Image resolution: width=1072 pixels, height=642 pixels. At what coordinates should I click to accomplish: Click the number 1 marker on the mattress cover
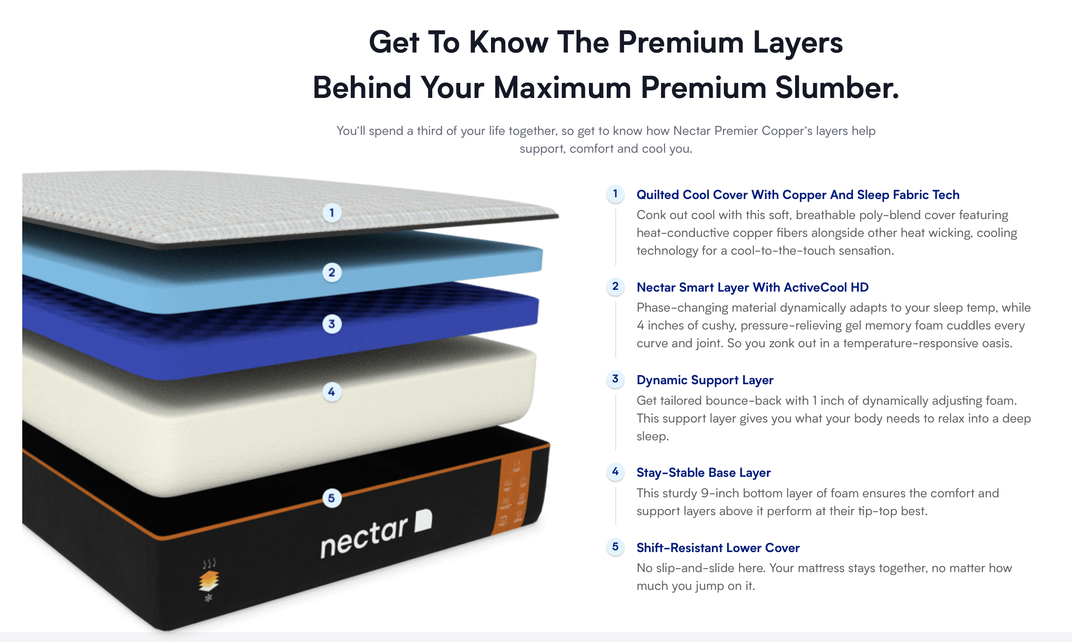[x=332, y=213]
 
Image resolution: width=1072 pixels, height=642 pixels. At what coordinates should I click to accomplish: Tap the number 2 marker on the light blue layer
[x=332, y=272]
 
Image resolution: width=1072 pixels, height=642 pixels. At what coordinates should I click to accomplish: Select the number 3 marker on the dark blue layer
[x=332, y=324]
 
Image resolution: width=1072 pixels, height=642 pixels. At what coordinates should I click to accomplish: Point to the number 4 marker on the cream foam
[x=332, y=392]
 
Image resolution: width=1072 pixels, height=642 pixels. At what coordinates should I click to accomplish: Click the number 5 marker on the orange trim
[x=332, y=498]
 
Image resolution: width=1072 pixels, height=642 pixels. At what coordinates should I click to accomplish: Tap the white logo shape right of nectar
[x=423, y=520]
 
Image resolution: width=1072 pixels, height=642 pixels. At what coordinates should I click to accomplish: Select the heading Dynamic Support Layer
[x=705, y=380]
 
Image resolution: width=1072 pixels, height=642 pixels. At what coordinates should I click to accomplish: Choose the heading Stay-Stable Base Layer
[x=703, y=473]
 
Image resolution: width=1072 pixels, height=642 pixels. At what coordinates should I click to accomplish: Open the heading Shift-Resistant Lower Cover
[x=718, y=548]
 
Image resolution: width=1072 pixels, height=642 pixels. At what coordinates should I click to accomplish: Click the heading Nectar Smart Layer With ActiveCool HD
[x=752, y=288]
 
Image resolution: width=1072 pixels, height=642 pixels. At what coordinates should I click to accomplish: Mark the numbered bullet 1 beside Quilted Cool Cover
[x=615, y=194]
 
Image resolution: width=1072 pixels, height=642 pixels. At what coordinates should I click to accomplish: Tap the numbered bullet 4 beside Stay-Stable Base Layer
[x=615, y=472]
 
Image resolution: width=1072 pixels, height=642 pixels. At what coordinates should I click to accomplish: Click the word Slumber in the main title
[x=837, y=88]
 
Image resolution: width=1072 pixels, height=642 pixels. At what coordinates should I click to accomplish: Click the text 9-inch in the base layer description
[x=720, y=493]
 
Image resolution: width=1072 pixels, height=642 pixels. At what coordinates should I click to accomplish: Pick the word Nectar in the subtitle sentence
[x=692, y=131]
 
